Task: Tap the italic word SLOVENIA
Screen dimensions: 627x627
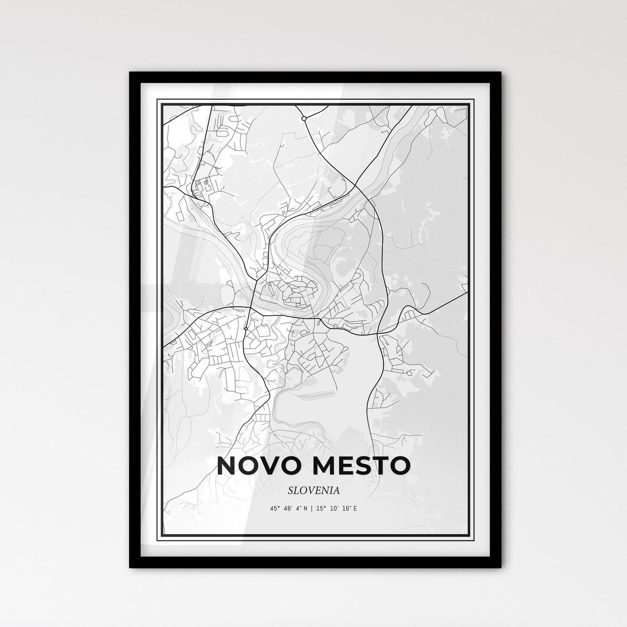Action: (313, 490)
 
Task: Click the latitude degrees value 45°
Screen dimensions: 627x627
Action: (273, 508)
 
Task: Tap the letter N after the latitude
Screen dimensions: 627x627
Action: (305, 508)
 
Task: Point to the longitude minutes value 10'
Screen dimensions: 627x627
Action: (334, 508)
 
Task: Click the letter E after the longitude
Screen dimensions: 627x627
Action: (355, 508)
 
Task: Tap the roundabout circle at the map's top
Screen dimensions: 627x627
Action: (304, 118)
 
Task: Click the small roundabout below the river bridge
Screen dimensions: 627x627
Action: (246, 329)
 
